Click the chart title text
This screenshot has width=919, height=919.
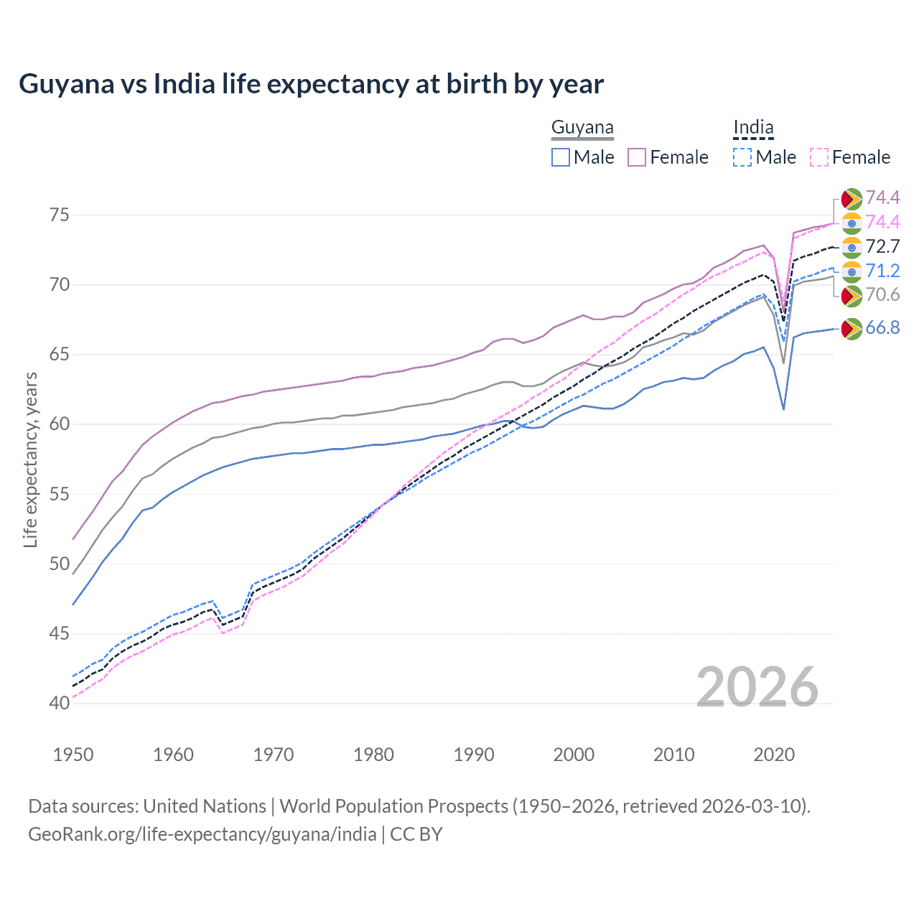[311, 84]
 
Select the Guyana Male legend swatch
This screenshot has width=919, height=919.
[561, 157]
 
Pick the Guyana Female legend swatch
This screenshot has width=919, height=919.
[637, 157]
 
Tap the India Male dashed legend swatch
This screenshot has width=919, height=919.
[742, 157]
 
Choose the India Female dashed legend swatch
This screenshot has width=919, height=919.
[818, 157]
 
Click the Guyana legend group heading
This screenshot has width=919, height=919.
[582, 128]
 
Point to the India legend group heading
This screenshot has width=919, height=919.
[753, 128]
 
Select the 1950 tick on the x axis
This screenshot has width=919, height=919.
[73, 755]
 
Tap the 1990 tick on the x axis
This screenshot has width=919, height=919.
[474, 755]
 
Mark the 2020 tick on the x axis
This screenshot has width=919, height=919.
[774, 755]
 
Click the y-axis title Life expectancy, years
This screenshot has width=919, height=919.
[30, 459]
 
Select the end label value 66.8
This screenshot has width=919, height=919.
[882, 328]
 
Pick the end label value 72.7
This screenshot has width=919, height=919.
[882, 247]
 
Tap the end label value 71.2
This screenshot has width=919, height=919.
[882, 271]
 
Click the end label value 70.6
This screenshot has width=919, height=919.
[882, 294]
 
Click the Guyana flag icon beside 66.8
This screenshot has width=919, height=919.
[852, 329]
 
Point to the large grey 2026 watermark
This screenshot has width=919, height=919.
[757, 687]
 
